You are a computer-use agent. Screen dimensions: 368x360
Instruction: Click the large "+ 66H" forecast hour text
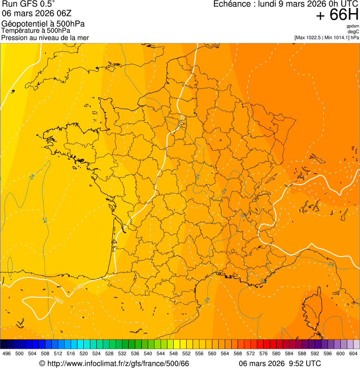coord(337,15)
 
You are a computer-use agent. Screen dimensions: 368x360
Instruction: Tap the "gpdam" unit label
coord(353,26)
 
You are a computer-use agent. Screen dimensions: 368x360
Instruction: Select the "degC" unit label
coord(353,31)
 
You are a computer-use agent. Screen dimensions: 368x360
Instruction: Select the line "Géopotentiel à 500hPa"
coord(43,24)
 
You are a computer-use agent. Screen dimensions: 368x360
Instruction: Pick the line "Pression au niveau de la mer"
coord(45,37)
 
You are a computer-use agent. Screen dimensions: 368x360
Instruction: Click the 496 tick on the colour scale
coord(7,354)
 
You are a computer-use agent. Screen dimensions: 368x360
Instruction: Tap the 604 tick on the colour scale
coord(353,354)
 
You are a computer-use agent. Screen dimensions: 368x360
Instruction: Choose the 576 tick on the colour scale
coord(264,354)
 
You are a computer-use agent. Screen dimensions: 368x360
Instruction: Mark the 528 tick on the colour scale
coord(110,354)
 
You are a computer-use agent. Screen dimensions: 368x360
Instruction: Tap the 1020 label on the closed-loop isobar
coord(59,300)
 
